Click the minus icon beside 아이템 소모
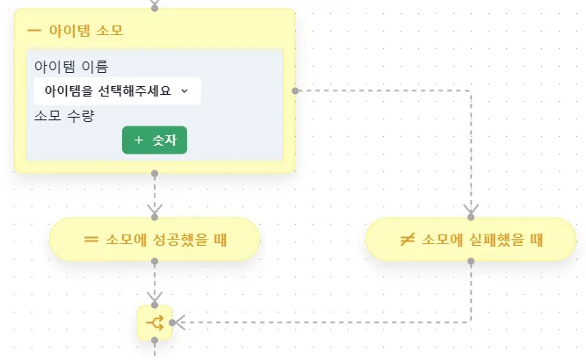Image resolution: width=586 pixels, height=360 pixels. (34, 30)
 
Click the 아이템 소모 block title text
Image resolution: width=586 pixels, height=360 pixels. (85, 30)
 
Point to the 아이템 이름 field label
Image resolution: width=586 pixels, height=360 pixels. (71, 67)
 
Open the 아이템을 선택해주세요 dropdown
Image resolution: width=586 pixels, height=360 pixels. (117, 90)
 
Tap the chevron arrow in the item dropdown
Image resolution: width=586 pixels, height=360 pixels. (184, 90)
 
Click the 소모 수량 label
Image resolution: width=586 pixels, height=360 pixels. (64, 116)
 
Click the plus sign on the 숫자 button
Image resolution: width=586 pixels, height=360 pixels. (139, 140)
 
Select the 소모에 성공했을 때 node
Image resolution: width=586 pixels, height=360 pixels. (155, 239)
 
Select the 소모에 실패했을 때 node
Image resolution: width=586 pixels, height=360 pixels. (471, 239)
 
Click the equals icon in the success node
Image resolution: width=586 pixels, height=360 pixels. (90, 239)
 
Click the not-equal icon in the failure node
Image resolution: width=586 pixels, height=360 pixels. (407, 239)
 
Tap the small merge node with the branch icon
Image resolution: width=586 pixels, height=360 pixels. (155, 322)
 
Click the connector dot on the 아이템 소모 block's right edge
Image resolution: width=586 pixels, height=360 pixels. (295, 90)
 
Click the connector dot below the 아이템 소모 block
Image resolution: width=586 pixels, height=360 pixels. (155, 174)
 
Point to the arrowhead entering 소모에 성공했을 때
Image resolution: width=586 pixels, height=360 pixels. (155, 210)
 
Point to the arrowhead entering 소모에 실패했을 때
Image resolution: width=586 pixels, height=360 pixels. (471, 210)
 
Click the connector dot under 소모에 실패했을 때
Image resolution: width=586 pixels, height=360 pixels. (471, 261)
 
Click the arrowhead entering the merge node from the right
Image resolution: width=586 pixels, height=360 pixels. (178, 322)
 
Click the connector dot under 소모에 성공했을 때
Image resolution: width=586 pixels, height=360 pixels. (155, 261)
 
